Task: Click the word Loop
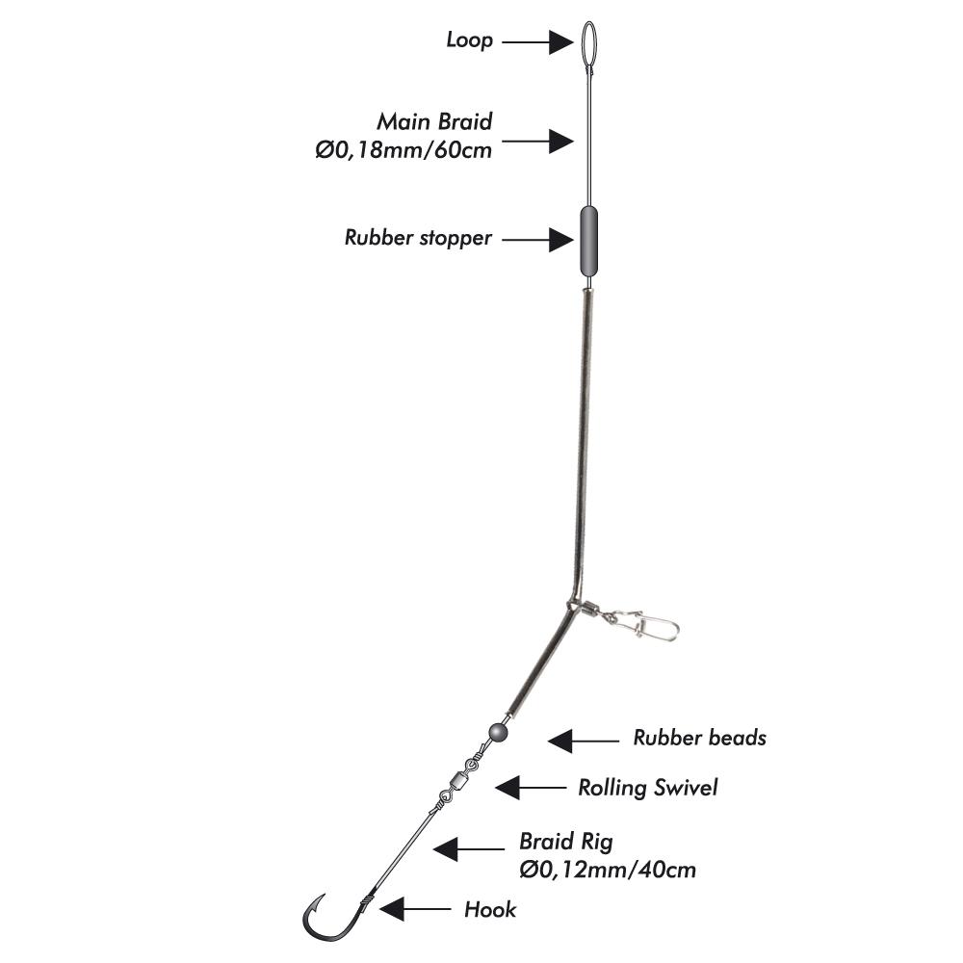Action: (x=469, y=40)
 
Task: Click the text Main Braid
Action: (x=434, y=121)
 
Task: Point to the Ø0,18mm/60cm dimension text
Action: (x=403, y=150)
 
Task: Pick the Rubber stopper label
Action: (x=418, y=238)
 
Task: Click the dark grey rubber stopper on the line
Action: (x=589, y=242)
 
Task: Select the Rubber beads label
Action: (x=699, y=738)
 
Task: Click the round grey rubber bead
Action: (x=499, y=732)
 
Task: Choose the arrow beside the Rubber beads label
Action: (x=584, y=741)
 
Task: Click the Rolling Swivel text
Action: (x=647, y=788)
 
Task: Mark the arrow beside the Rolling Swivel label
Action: (x=531, y=788)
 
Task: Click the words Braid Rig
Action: (x=565, y=842)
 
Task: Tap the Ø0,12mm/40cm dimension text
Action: (x=608, y=870)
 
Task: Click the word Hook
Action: (x=490, y=910)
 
